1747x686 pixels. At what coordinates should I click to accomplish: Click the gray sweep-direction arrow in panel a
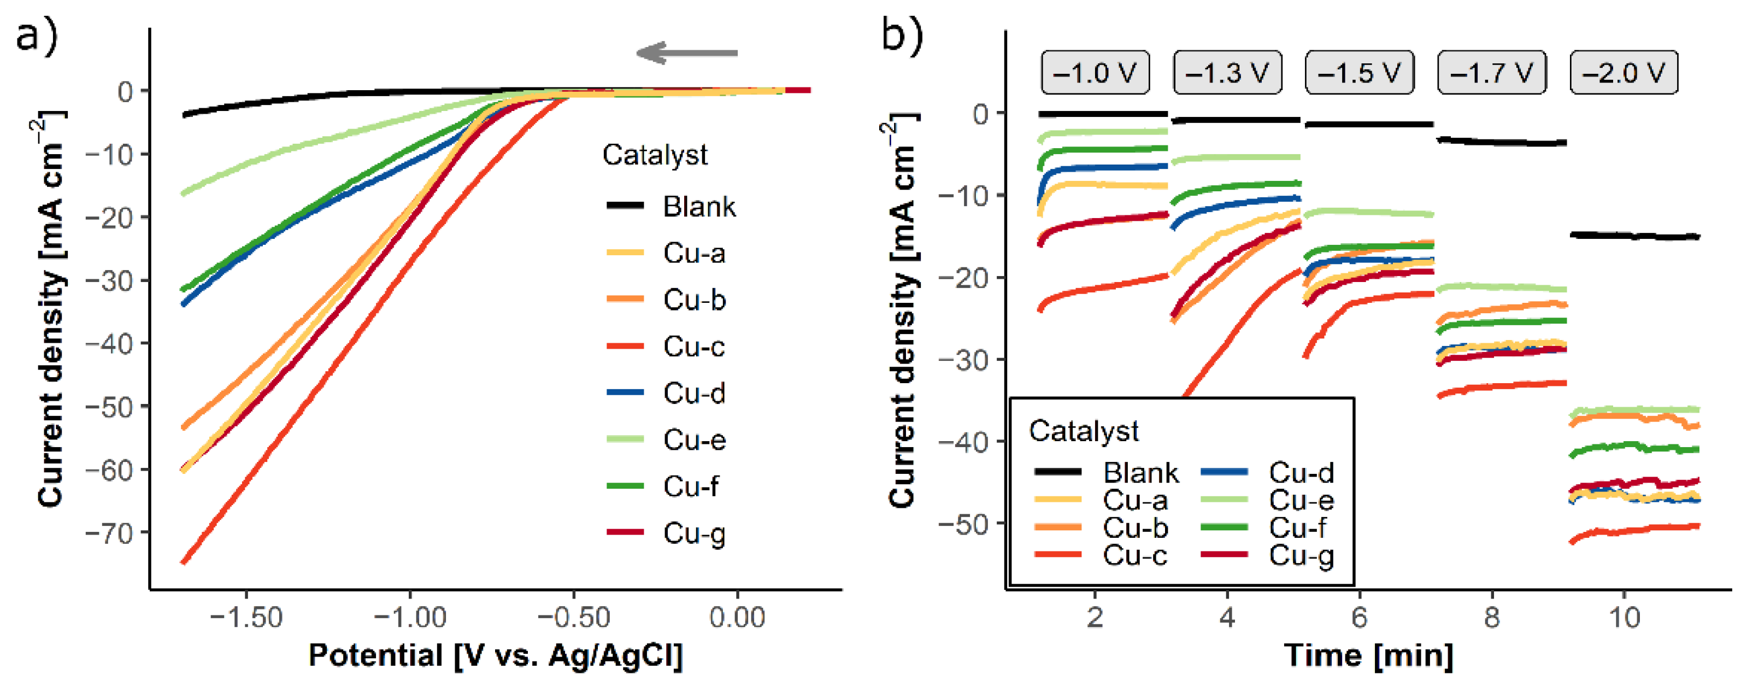coord(686,53)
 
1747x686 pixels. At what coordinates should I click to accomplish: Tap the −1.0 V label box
coord(1095,72)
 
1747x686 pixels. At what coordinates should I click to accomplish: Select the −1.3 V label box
coord(1227,72)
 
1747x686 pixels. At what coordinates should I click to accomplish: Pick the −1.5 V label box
coord(1360,72)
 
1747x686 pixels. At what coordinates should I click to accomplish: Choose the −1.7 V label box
coord(1492,72)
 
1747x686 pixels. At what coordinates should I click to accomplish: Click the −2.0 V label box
coord(1624,72)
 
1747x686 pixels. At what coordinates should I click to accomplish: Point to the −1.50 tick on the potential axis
coord(246,618)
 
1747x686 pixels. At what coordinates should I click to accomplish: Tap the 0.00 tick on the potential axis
coord(737,618)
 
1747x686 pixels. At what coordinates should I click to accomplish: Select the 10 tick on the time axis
coord(1624,618)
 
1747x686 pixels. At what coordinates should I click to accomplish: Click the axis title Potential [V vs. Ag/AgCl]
coord(495,655)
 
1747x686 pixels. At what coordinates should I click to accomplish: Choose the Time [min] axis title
coord(1368,655)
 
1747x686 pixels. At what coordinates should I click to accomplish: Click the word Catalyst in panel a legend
coord(655,155)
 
